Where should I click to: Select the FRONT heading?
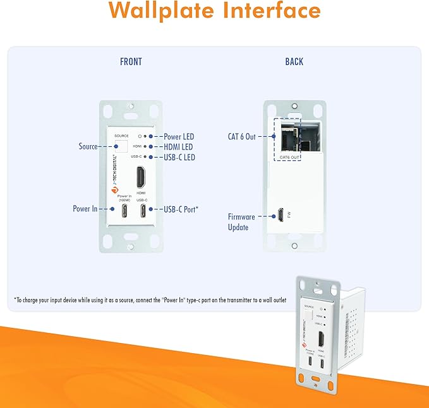(x=131, y=62)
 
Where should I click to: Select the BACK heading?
(x=294, y=62)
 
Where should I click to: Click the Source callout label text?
(x=88, y=146)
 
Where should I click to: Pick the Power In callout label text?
(x=85, y=209)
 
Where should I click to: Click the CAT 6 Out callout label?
(x=241, y=136)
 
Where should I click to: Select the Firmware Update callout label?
(x=241, y=221)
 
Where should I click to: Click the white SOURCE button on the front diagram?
(x=121, y=146)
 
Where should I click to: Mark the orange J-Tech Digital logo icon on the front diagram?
(x=114, y=190)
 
